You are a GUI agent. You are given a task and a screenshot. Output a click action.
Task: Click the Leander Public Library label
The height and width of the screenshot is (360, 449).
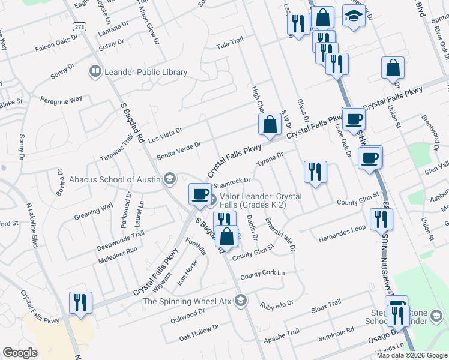(x=146, y=73)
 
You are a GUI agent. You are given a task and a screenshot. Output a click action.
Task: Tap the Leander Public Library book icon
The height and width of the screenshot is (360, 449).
(x=95, y=73)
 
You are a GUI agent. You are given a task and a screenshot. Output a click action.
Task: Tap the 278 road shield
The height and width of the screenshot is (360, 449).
(x=79, y=27)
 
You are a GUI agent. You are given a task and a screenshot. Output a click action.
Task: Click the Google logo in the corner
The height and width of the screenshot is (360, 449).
(x=20, y=353)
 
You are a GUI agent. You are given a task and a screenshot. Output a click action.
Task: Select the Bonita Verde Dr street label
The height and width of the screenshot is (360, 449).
(x=179, y=151)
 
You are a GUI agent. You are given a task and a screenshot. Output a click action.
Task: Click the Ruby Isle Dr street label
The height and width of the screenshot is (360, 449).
(x=277, y=304)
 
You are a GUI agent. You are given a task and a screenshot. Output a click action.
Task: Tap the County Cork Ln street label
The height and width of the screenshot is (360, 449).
(x=262, y=274)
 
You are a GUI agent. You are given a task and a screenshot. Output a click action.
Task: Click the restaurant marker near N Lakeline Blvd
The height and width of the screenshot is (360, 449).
(x=80, y=302)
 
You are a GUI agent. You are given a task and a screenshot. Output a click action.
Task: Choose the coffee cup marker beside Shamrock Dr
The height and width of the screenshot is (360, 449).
(x=200, y=193)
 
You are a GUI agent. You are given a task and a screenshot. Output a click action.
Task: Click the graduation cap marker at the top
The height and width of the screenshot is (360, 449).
(x=354, y=16)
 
